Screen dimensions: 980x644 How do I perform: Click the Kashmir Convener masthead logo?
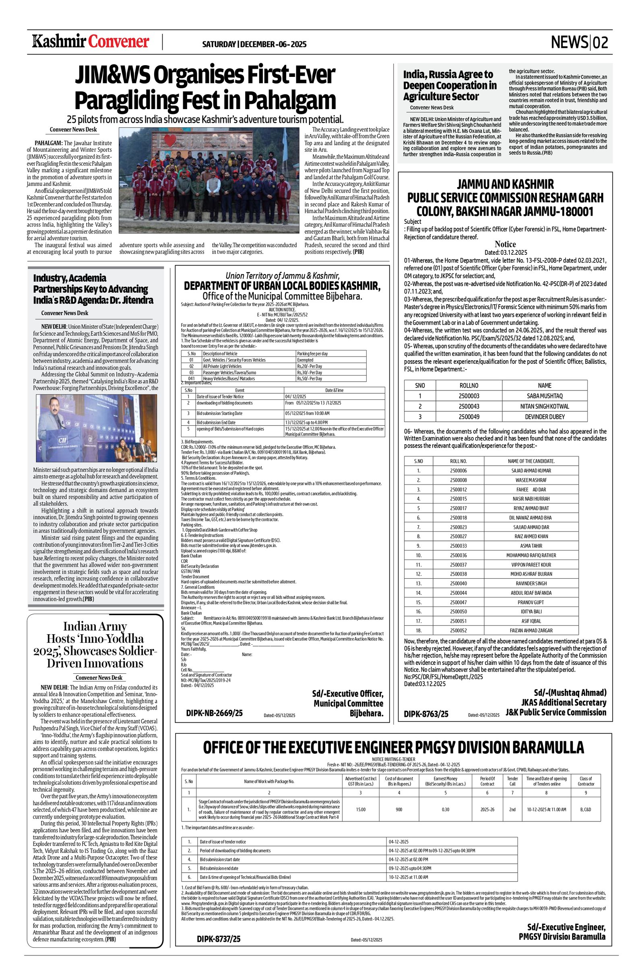(91, 42)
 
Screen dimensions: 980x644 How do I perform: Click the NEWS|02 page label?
(579, 42)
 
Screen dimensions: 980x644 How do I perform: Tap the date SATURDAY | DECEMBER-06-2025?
(254, 44)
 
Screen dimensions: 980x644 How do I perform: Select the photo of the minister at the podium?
(96, 428)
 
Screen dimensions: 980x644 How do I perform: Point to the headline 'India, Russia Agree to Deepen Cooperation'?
(450, 85)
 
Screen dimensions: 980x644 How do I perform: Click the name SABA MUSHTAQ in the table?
(544, 396)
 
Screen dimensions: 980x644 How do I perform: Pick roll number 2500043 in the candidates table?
(469, 406)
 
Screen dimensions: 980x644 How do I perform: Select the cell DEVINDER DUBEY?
(544, 416)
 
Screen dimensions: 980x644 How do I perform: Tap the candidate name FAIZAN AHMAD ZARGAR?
(531, 630)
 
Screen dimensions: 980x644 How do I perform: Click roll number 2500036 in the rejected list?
(458, 555)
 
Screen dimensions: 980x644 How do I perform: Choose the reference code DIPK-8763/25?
(426, 714)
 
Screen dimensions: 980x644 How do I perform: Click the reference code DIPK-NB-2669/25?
(214, 713)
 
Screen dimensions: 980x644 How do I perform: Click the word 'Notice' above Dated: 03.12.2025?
(505, 244)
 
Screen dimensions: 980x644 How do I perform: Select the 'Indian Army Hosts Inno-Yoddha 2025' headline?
(95, 645)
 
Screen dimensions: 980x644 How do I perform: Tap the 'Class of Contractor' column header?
(585, 781)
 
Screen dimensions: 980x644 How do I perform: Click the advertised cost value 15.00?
(360, 809)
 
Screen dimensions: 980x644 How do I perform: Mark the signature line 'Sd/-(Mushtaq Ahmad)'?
(570, 692)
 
